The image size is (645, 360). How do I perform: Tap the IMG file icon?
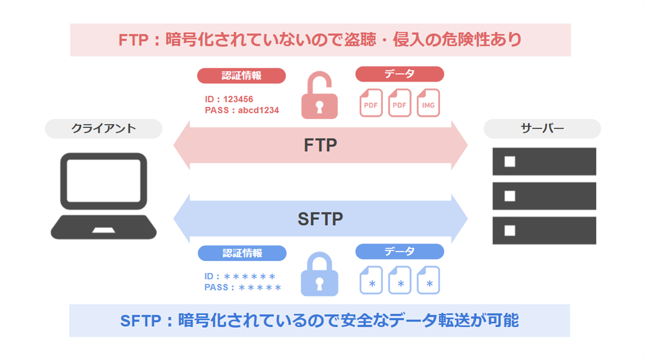[428, 103]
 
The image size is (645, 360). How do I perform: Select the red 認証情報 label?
[241, 75]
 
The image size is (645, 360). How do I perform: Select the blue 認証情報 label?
[242, 253]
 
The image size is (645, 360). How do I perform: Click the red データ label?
[399, 74]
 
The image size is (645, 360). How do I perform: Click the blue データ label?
[399, 251]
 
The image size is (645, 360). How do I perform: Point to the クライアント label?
[104, 129]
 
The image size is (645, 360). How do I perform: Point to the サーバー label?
[542, 129]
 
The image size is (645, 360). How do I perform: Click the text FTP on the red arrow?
[320, 146]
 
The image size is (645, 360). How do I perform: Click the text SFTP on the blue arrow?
[320, 219]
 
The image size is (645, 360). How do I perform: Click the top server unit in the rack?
[544, 161]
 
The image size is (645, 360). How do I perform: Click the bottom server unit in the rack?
[544, 231]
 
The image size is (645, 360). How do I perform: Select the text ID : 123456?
[229, 99]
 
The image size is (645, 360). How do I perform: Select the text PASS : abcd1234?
[242, 111]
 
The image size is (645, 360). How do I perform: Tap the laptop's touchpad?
[103, 230]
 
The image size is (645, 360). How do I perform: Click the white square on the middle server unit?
[510, 196]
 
